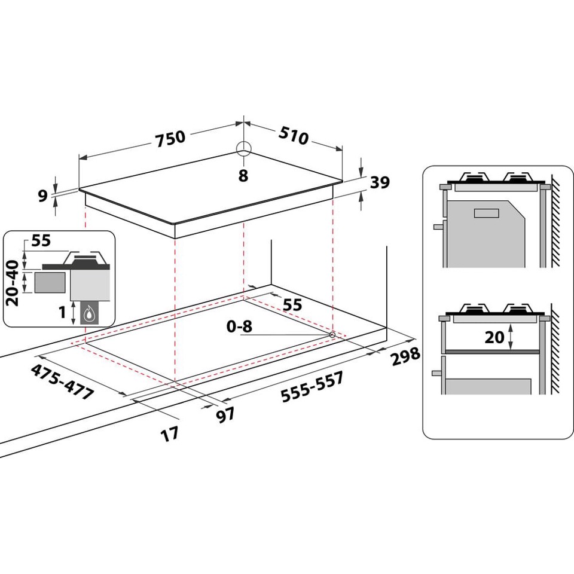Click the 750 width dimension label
pyautogui.click(x=170, y=138)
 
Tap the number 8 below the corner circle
pyautogui.click(x=243, y=176)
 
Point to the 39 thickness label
pyautogui.click(x=380, y=183)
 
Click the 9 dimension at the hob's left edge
pyautogui.click(x=42, y=196)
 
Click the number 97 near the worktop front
pyautogui.click(x=225, y=415)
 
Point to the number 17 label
pyautogui.click(x=170, y=434)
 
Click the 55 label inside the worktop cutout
pyautogui.click(x=292, y=305)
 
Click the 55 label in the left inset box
pyautogui.click(x=41, y=242)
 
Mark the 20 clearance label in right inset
pyautogui.click(x=494, y=337)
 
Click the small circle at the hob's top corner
pyautogui.click(x=243, y=148)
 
